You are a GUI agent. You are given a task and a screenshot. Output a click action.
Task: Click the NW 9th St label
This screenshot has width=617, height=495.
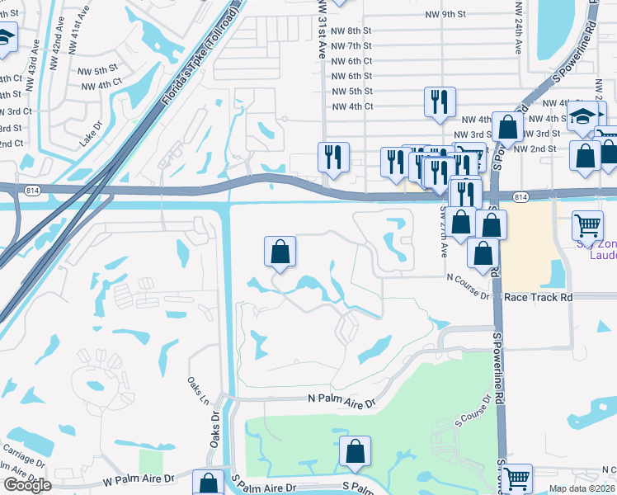446,15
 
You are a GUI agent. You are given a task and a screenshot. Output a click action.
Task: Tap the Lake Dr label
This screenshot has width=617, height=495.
90,136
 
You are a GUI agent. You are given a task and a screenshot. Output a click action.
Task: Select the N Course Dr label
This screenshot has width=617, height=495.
468,295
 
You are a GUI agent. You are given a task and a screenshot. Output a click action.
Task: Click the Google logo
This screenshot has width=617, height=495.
27,485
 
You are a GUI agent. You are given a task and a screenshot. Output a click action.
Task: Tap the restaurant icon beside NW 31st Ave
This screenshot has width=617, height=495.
333,157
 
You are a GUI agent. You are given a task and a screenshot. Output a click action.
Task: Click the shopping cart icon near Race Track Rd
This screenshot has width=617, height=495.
587,224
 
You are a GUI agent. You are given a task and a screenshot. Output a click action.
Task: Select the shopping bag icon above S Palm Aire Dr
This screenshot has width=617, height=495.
355,451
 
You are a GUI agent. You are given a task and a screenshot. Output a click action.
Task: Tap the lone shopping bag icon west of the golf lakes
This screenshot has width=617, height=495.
280,251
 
